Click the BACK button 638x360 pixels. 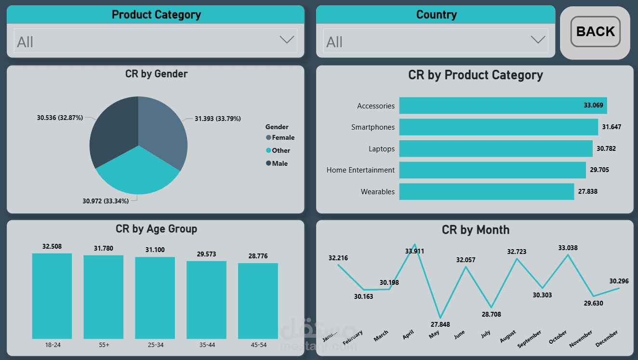[x=595, y=32]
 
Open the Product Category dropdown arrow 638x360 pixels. [x=287, y=40]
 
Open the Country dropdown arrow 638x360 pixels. [x=538, y=40]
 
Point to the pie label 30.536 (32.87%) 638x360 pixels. [x=60, y=118]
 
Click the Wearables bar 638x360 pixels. [x=486, y=191]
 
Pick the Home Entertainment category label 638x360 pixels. [x=360, y=170]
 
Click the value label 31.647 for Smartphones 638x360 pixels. [x=611, y=127]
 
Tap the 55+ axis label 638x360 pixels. [x=103, y=345]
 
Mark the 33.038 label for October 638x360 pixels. [x=568, y=248]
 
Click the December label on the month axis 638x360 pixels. [x=607, y=339]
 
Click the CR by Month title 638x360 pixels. [x=475, y=230]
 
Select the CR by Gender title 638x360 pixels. [x=156, y=74]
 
